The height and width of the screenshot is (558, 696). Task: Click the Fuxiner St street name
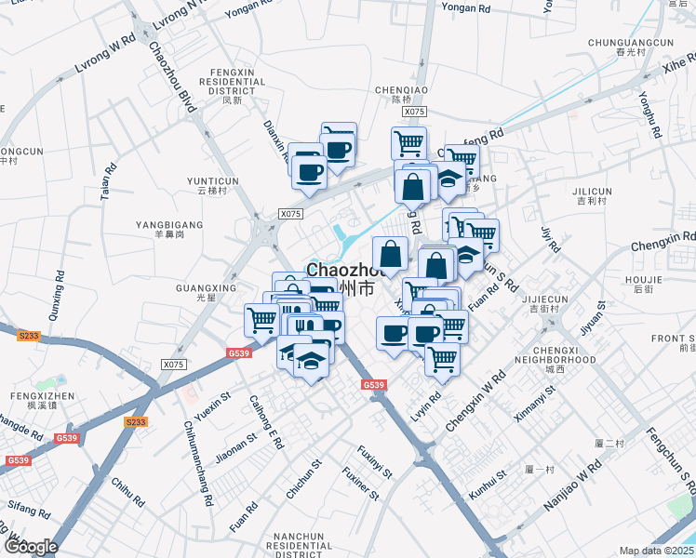(359, 485)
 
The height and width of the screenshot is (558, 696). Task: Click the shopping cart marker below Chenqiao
(408, 144)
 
